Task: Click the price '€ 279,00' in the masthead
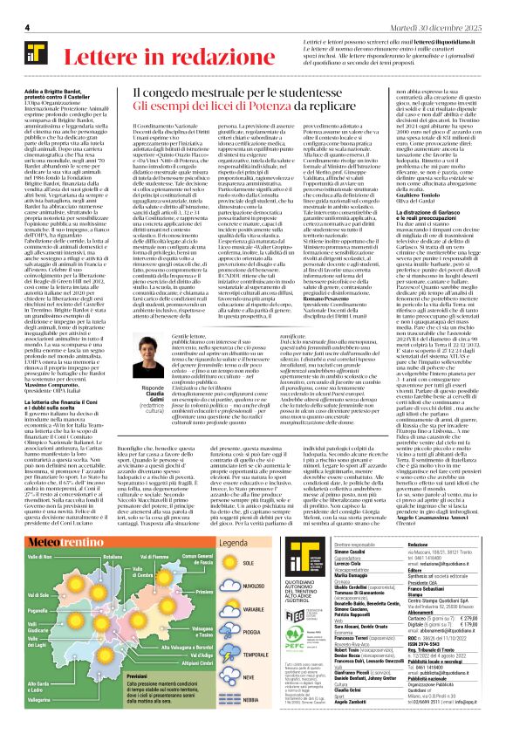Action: click(482, 640)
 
